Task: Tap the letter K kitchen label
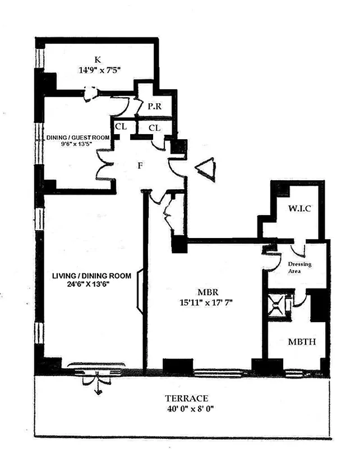[98, 59]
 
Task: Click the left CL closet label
[121, 127]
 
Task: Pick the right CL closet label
[155, 128]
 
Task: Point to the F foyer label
[141, 166]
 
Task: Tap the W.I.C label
[299, 209]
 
